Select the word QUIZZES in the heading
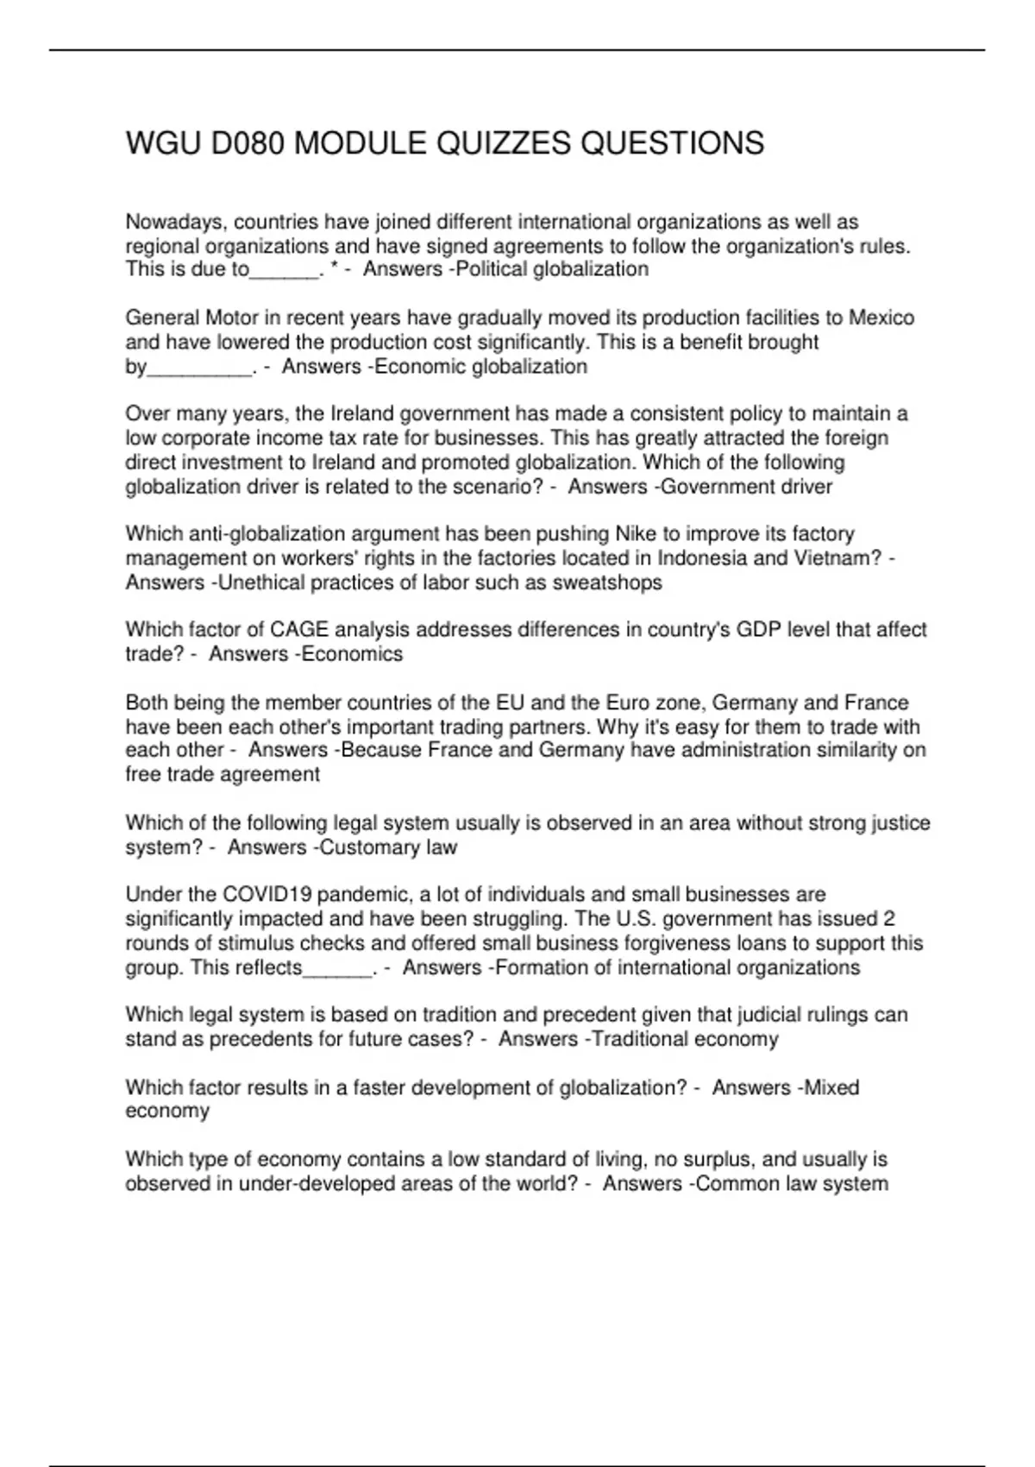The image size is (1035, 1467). pyautogui.click(x=504, y=143)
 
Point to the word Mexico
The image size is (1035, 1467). pyautogui.click(x=881, y=318)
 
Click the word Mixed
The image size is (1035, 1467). pyautogui.click(x=831, y=1087)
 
